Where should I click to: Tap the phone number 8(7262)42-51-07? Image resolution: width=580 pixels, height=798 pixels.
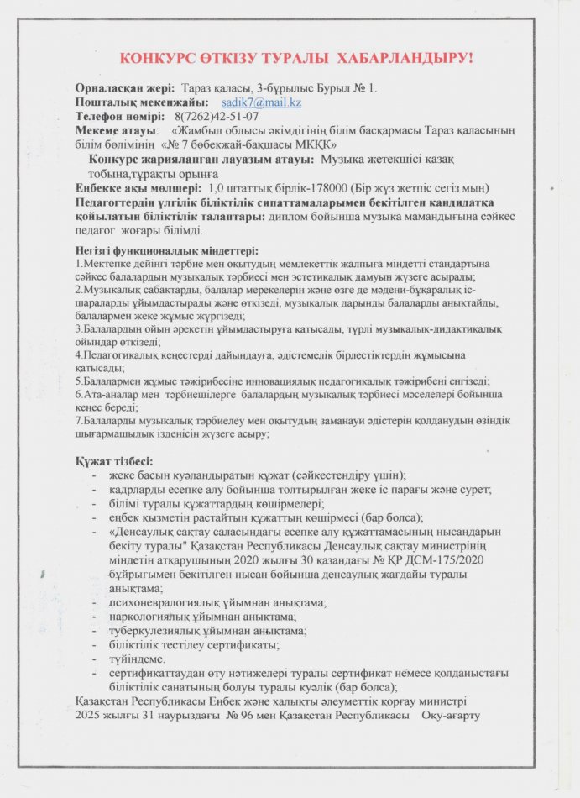[217, 116]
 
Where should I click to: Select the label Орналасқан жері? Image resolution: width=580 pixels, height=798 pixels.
[125, 87]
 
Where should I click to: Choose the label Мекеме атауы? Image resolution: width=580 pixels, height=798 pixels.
[116, 130]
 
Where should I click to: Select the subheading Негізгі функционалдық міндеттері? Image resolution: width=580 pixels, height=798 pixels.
[166, 249]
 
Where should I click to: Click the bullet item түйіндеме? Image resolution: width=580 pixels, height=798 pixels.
[138, 659]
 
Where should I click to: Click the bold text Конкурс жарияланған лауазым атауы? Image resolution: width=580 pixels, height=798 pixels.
[201, 159]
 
